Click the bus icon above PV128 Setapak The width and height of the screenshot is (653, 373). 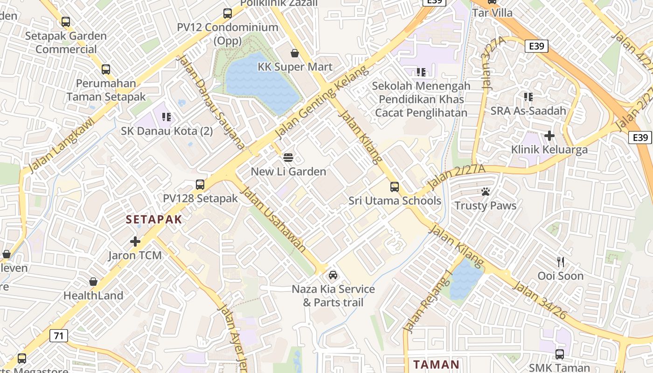(x=200, y=185)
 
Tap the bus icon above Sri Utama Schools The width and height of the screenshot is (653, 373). (x=395, y=187)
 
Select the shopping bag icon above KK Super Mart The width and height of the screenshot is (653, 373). (x=295, y=53)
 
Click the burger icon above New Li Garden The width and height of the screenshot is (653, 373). (x=288, y=158)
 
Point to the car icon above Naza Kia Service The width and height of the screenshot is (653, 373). (x=333, y=275)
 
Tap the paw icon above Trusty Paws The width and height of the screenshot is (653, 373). (x=485, y=192)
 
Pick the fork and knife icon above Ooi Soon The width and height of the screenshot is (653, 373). (x=561, y=262)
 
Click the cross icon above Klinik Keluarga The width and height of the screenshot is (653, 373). (x=549, y=136)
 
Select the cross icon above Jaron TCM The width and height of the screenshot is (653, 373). (x=135, y=242)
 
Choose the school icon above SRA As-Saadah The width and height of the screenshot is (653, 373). (x=528, y=97)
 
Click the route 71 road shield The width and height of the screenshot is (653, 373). (x=59, y=335)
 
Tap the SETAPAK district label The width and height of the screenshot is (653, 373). (x=153, y=220)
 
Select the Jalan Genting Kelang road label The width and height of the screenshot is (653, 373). (x=321, y=102)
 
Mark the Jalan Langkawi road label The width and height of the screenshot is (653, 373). (x=61, y=145)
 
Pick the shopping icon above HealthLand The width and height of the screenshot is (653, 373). (x=93, y=282)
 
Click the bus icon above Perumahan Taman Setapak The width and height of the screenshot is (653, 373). (x=106, y=69)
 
